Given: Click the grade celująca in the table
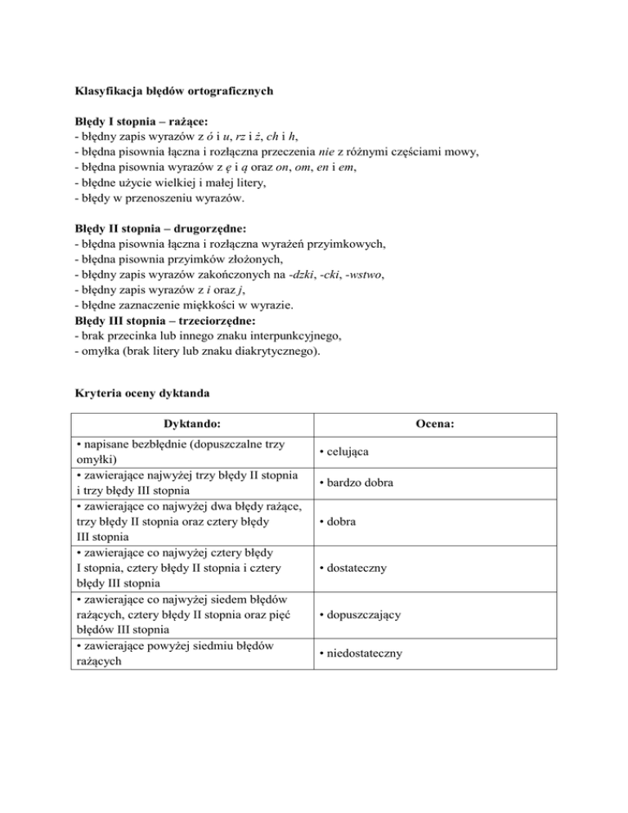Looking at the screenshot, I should [x=348, y=451].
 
